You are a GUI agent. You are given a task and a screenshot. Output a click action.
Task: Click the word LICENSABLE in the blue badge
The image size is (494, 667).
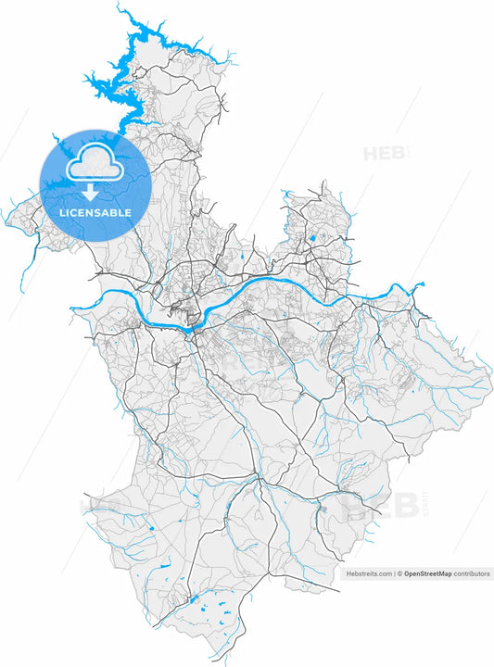pyautogui.click(x=95, y=213)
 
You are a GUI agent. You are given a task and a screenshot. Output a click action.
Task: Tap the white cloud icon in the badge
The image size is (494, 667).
pyautogui.click(x=95, y=163)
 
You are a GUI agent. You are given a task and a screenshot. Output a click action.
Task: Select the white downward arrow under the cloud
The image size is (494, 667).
pyautogui.click(x=90, y=192)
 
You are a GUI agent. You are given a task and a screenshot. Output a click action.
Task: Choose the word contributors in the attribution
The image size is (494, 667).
pyautogui.click(x=472, y=574)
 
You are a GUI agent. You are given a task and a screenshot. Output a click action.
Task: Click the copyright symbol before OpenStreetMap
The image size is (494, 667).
pyautogui.click(x=400, y=574)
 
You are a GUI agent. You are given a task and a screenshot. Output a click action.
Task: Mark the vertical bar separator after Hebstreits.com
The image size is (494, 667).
pyautogui.click(x=394, y=574)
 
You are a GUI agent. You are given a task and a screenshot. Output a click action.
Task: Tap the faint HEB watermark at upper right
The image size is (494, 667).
pyautogui.click(x=384, y=153)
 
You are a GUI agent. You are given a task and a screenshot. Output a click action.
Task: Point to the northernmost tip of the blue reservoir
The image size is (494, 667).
pyautogui.click(x=120, y=6)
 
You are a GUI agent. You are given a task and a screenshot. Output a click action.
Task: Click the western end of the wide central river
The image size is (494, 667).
pyautogui.click(x=72, y=309)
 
